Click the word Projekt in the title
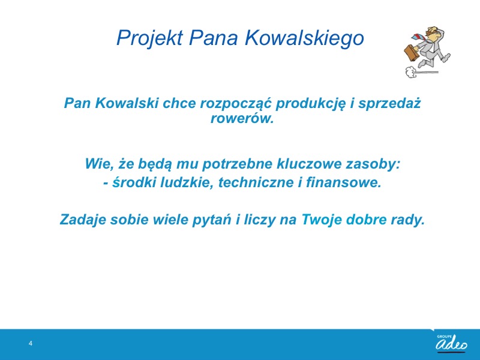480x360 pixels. (149, 38)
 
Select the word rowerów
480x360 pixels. (242, 118)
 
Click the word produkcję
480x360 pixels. (310, 104)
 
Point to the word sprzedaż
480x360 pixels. (389, 104)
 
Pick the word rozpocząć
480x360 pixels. (236, 104)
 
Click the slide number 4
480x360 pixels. (31, 343)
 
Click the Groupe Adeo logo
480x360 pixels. (452, 343)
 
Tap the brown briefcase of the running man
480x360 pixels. (411, 53)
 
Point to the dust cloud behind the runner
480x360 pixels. (411, 72)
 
